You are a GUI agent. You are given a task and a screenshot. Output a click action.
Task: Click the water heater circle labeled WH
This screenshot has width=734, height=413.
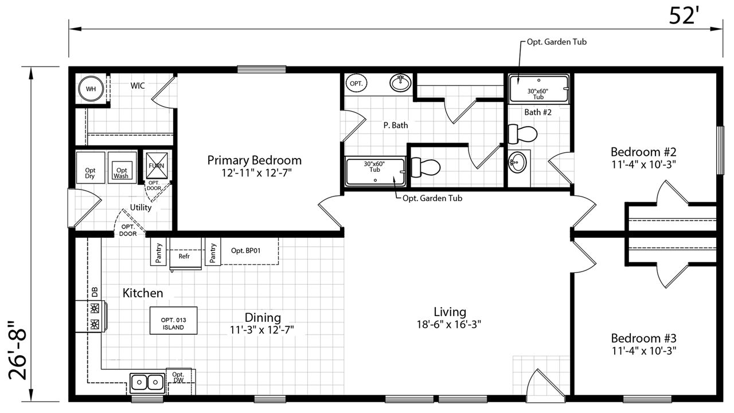pyautogui.click(x=91, y=89)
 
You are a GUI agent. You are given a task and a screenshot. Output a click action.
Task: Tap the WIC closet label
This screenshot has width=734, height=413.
pyautogui.click(x=137, y=86)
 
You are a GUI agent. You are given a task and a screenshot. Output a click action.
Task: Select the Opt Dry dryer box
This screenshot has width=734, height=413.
pyautogui.click(x=91, y=167)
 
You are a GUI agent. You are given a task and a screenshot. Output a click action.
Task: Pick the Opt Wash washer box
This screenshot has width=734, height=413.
pyautogui.click(x=122, y=167)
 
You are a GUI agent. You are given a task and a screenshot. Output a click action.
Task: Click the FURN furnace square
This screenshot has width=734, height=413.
pyautogui.click(x=157, y=166)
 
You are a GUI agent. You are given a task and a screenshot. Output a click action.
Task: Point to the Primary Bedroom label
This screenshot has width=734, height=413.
pyautogui.click(x=254, y=160)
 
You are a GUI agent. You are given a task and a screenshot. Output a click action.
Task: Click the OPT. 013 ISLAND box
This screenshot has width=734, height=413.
pyautogui.click(x=173, y=320)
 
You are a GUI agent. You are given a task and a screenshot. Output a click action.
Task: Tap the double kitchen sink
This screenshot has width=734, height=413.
pyautogui.click(x=147, y=383)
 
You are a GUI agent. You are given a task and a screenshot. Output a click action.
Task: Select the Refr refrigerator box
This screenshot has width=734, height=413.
pyautogui.click(x=185, y=254)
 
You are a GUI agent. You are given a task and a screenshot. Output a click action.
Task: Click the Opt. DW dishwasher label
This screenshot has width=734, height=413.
pyautogui.click(x=178, y=377)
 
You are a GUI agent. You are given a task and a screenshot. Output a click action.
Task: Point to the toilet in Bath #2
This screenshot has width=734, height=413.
pyautogui.click(x=522, y=134)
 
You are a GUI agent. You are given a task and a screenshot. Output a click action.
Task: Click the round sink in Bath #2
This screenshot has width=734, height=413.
pyautogui.click(x=517, y=162)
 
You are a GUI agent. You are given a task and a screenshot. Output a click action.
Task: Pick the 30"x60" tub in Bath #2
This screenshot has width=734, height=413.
pyautogui.click(x=538, y=88)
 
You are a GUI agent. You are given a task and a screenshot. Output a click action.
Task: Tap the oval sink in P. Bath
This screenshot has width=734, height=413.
pyautogui.click(x=400, y=83)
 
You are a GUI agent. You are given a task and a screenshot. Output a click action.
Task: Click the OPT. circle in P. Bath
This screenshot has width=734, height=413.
pyautogui.click(x=356, y=84)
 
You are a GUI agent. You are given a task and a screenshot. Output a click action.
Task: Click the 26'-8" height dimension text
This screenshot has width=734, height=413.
pyautogui.click(x=18, y=350)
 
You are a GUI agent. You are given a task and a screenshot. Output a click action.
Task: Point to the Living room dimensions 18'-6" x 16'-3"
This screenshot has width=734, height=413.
pyautogui.click(x=449, y=324)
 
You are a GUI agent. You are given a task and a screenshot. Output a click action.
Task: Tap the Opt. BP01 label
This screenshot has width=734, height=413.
pyautogui.click(x=246, y=251)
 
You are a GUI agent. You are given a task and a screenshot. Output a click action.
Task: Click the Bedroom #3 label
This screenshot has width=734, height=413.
pyautogui.click(x=643, y=338)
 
